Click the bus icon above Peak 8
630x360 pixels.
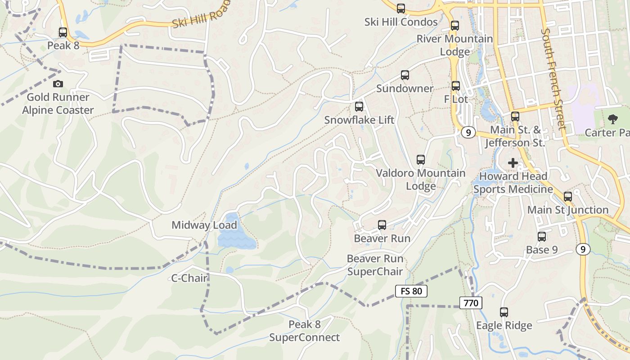pyautogui.click(x=63, y=32)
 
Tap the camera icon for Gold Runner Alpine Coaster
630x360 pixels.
pyautogui.click(x=58, y=84)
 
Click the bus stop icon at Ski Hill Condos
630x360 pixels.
pyautogui.click(x=401, y=9)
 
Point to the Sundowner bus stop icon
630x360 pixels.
pyautogui.click(x=405, y=75)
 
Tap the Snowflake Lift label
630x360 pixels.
pyautogui.click(x=359, y=120)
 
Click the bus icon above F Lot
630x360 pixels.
pyautogui.click(x=456, y=86)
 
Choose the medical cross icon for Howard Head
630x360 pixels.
pyautogui.click(x=513, y=162)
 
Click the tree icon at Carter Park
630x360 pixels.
pyautogui.click(x=612, y=119)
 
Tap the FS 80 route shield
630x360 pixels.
pyautogui.click(x=411, y=291)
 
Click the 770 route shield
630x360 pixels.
pyautogui.click(x=471, y=303)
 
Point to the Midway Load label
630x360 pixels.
pyautogui.click(x=204, y=225)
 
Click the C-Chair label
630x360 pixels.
pyautogui.click(x=189, y=278)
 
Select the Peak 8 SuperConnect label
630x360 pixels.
pyautogui.click(x=305, y=331)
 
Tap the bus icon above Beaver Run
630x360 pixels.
pyautogui.click(x=382, y=225)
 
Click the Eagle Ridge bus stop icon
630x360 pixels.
pyautogui.click(x=504, y=312)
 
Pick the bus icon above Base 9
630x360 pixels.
pyautogui.click(x=542, y=237)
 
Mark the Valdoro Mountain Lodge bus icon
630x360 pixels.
pyautogui.click(x=421, y=160)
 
